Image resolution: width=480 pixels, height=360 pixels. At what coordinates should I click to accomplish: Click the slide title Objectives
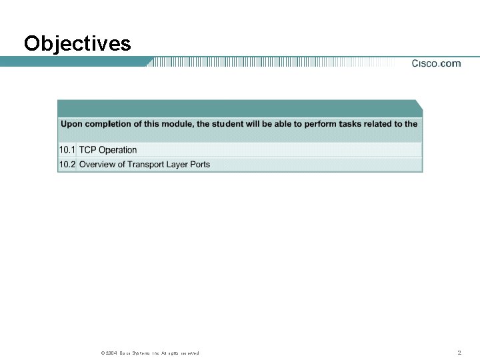click(x=77, y=44)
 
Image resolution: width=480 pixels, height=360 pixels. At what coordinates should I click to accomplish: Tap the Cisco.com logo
click(x=436, y=64)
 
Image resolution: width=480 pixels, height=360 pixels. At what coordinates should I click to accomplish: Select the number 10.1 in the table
click(x=67, y=150)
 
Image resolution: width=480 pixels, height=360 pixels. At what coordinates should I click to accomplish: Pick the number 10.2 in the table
click(x=67, y=164)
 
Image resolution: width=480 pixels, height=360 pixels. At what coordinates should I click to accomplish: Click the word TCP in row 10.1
click(x=88, y=150)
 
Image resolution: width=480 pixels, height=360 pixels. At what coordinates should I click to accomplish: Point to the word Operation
click(x=118, y=150)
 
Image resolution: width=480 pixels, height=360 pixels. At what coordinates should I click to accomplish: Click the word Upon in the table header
click(x=71, y=123)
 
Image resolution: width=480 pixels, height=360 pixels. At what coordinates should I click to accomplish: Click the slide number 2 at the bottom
click(x=459, y=352)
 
